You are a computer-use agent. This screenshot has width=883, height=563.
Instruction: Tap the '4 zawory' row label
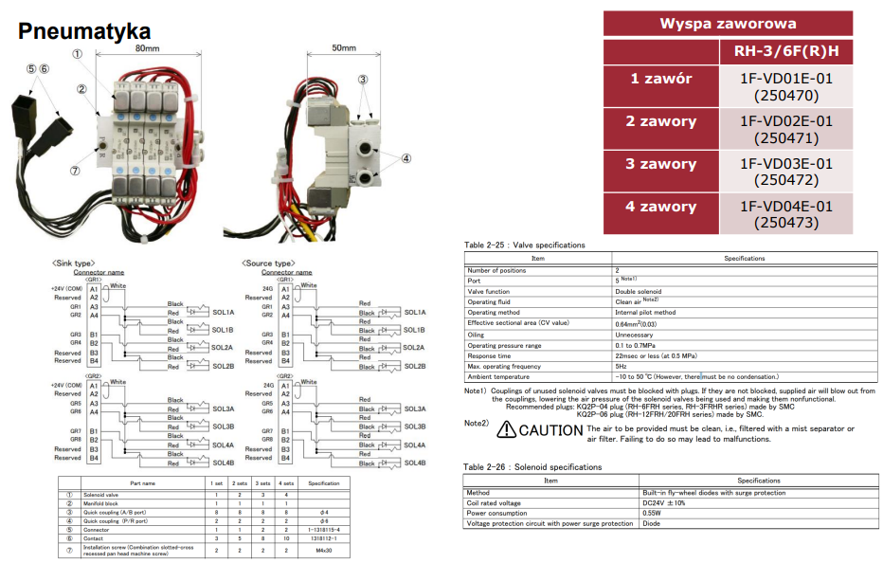[661, 207]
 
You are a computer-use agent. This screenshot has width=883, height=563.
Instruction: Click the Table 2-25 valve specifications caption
[524, 245]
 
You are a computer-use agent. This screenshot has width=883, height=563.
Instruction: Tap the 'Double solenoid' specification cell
[639, 291]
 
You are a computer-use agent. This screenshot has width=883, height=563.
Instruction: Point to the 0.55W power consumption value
[652, 513]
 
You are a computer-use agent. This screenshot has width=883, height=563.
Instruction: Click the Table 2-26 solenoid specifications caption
[532, 467]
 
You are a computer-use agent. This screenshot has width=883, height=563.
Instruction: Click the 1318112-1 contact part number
[323, 538]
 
